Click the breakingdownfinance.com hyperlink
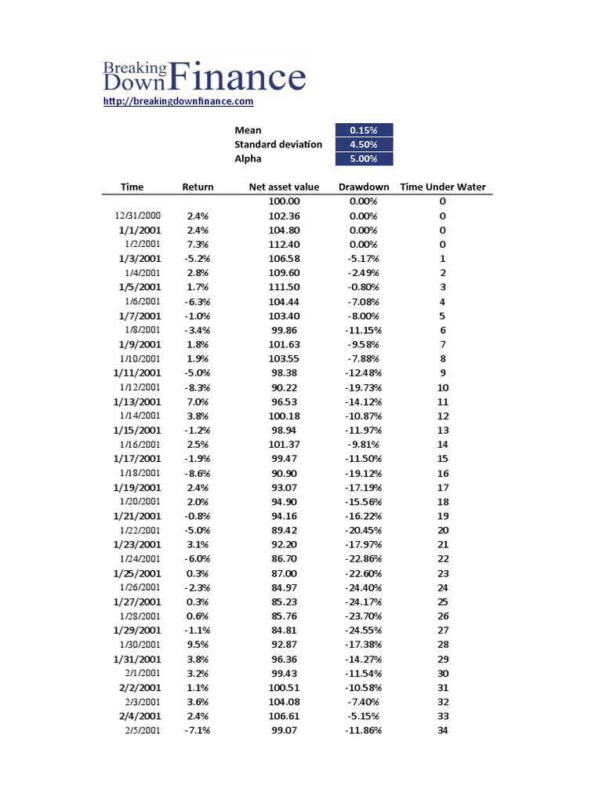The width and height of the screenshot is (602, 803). coord(179,101)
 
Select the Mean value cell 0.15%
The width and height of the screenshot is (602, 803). coord(364,130)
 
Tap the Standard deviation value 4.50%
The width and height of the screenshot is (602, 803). coord(364,144)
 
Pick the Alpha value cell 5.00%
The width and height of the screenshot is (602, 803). coord(364,158)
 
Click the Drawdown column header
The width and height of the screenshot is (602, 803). coord(364,187)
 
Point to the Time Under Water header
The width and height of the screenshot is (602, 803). coord(443,187)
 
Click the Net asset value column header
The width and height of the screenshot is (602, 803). coord(284,187)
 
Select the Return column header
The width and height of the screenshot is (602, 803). coord(198,187)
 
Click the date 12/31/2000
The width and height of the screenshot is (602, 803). coord(138,216)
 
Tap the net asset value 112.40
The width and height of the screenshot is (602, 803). coord(284,244)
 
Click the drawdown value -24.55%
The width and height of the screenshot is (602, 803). coord(364,630)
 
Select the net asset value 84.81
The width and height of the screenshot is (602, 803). coord(284,630)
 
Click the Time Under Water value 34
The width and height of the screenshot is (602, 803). coord(443,731)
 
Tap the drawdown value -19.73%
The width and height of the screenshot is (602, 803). coord(364,387)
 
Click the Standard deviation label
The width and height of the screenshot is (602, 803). coord(278,144)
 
